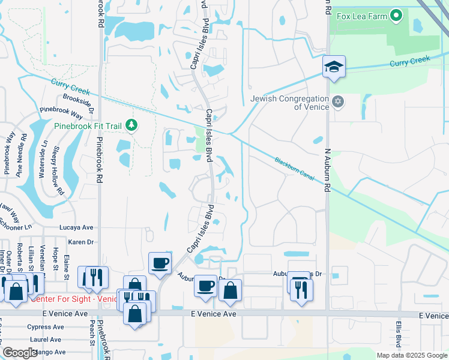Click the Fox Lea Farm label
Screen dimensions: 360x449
(x=361, y=16)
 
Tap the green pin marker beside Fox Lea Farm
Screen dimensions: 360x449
(x=396, y=16)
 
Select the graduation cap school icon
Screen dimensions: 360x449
(x=333, y=67)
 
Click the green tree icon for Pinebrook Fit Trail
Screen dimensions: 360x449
(x=132, y=125)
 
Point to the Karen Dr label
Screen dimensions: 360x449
(x=81, y=242)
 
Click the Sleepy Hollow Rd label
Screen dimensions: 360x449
(x=58, y=170)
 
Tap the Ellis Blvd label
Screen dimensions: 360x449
(x=397, y=334)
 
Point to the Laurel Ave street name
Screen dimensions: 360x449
(x=45, y=340)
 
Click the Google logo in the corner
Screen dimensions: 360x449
(x=19, y=353)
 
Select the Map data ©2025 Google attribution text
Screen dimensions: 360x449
(x=411, y=355)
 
